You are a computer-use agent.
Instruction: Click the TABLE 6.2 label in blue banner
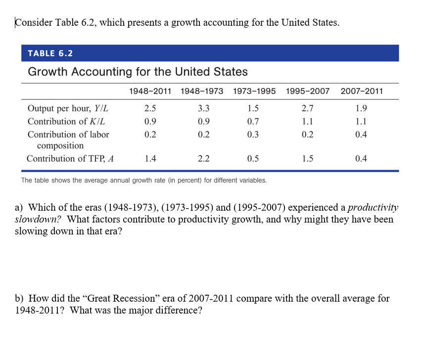click(50, 53)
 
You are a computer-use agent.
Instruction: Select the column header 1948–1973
click(202, 91)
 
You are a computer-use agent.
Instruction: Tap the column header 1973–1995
click(254, 91)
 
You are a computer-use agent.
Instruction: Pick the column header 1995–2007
click(307, 91)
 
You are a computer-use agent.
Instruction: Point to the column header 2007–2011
click(362, 91)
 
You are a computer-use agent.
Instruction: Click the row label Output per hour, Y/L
click(67, 108)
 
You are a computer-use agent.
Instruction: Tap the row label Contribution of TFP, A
click(70, 159)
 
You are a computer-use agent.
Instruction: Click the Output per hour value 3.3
click(203, 108)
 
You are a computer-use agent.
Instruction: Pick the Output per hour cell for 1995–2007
click(307, 108)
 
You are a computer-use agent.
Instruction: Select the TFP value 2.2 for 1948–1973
click(203, 159)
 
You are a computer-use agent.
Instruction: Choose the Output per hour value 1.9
click(361, 108)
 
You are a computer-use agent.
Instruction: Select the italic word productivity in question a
click(373, 207)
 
